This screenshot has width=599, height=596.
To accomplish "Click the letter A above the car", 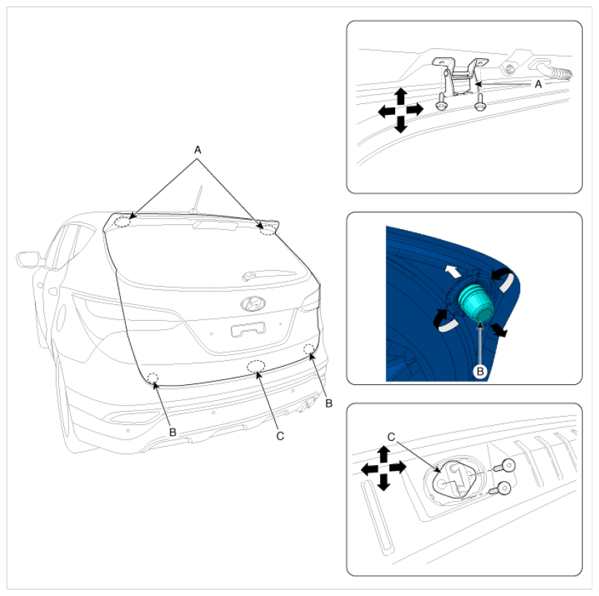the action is click(197, 150).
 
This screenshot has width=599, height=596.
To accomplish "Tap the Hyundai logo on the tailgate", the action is click(253, 303).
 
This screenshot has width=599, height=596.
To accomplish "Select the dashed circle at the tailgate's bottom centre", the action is click(255, 366).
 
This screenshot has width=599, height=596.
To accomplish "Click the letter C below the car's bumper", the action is click(280, 436).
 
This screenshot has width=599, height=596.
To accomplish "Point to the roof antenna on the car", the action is click(197, 200).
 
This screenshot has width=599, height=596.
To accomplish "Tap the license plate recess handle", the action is click(248, 329).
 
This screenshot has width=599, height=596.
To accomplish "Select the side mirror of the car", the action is click(28, 259).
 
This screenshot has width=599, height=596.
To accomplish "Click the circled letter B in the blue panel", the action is click(480, 371).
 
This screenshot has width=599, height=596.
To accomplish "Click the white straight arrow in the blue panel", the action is click(454, 271).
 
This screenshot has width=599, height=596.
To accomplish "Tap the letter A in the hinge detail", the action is click(539, 84).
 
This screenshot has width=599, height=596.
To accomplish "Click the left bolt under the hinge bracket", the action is click(441, 102).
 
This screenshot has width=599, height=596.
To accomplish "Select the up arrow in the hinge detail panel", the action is click(400, 96).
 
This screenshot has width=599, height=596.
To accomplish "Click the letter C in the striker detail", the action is click(391, 437).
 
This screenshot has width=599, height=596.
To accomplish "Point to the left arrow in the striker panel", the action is click(370, 469).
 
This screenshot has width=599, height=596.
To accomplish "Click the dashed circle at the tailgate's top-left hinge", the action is click(122, 221).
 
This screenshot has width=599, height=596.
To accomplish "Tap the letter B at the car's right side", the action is click(329, 403).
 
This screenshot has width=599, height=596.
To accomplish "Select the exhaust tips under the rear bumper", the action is click(308, 405).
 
